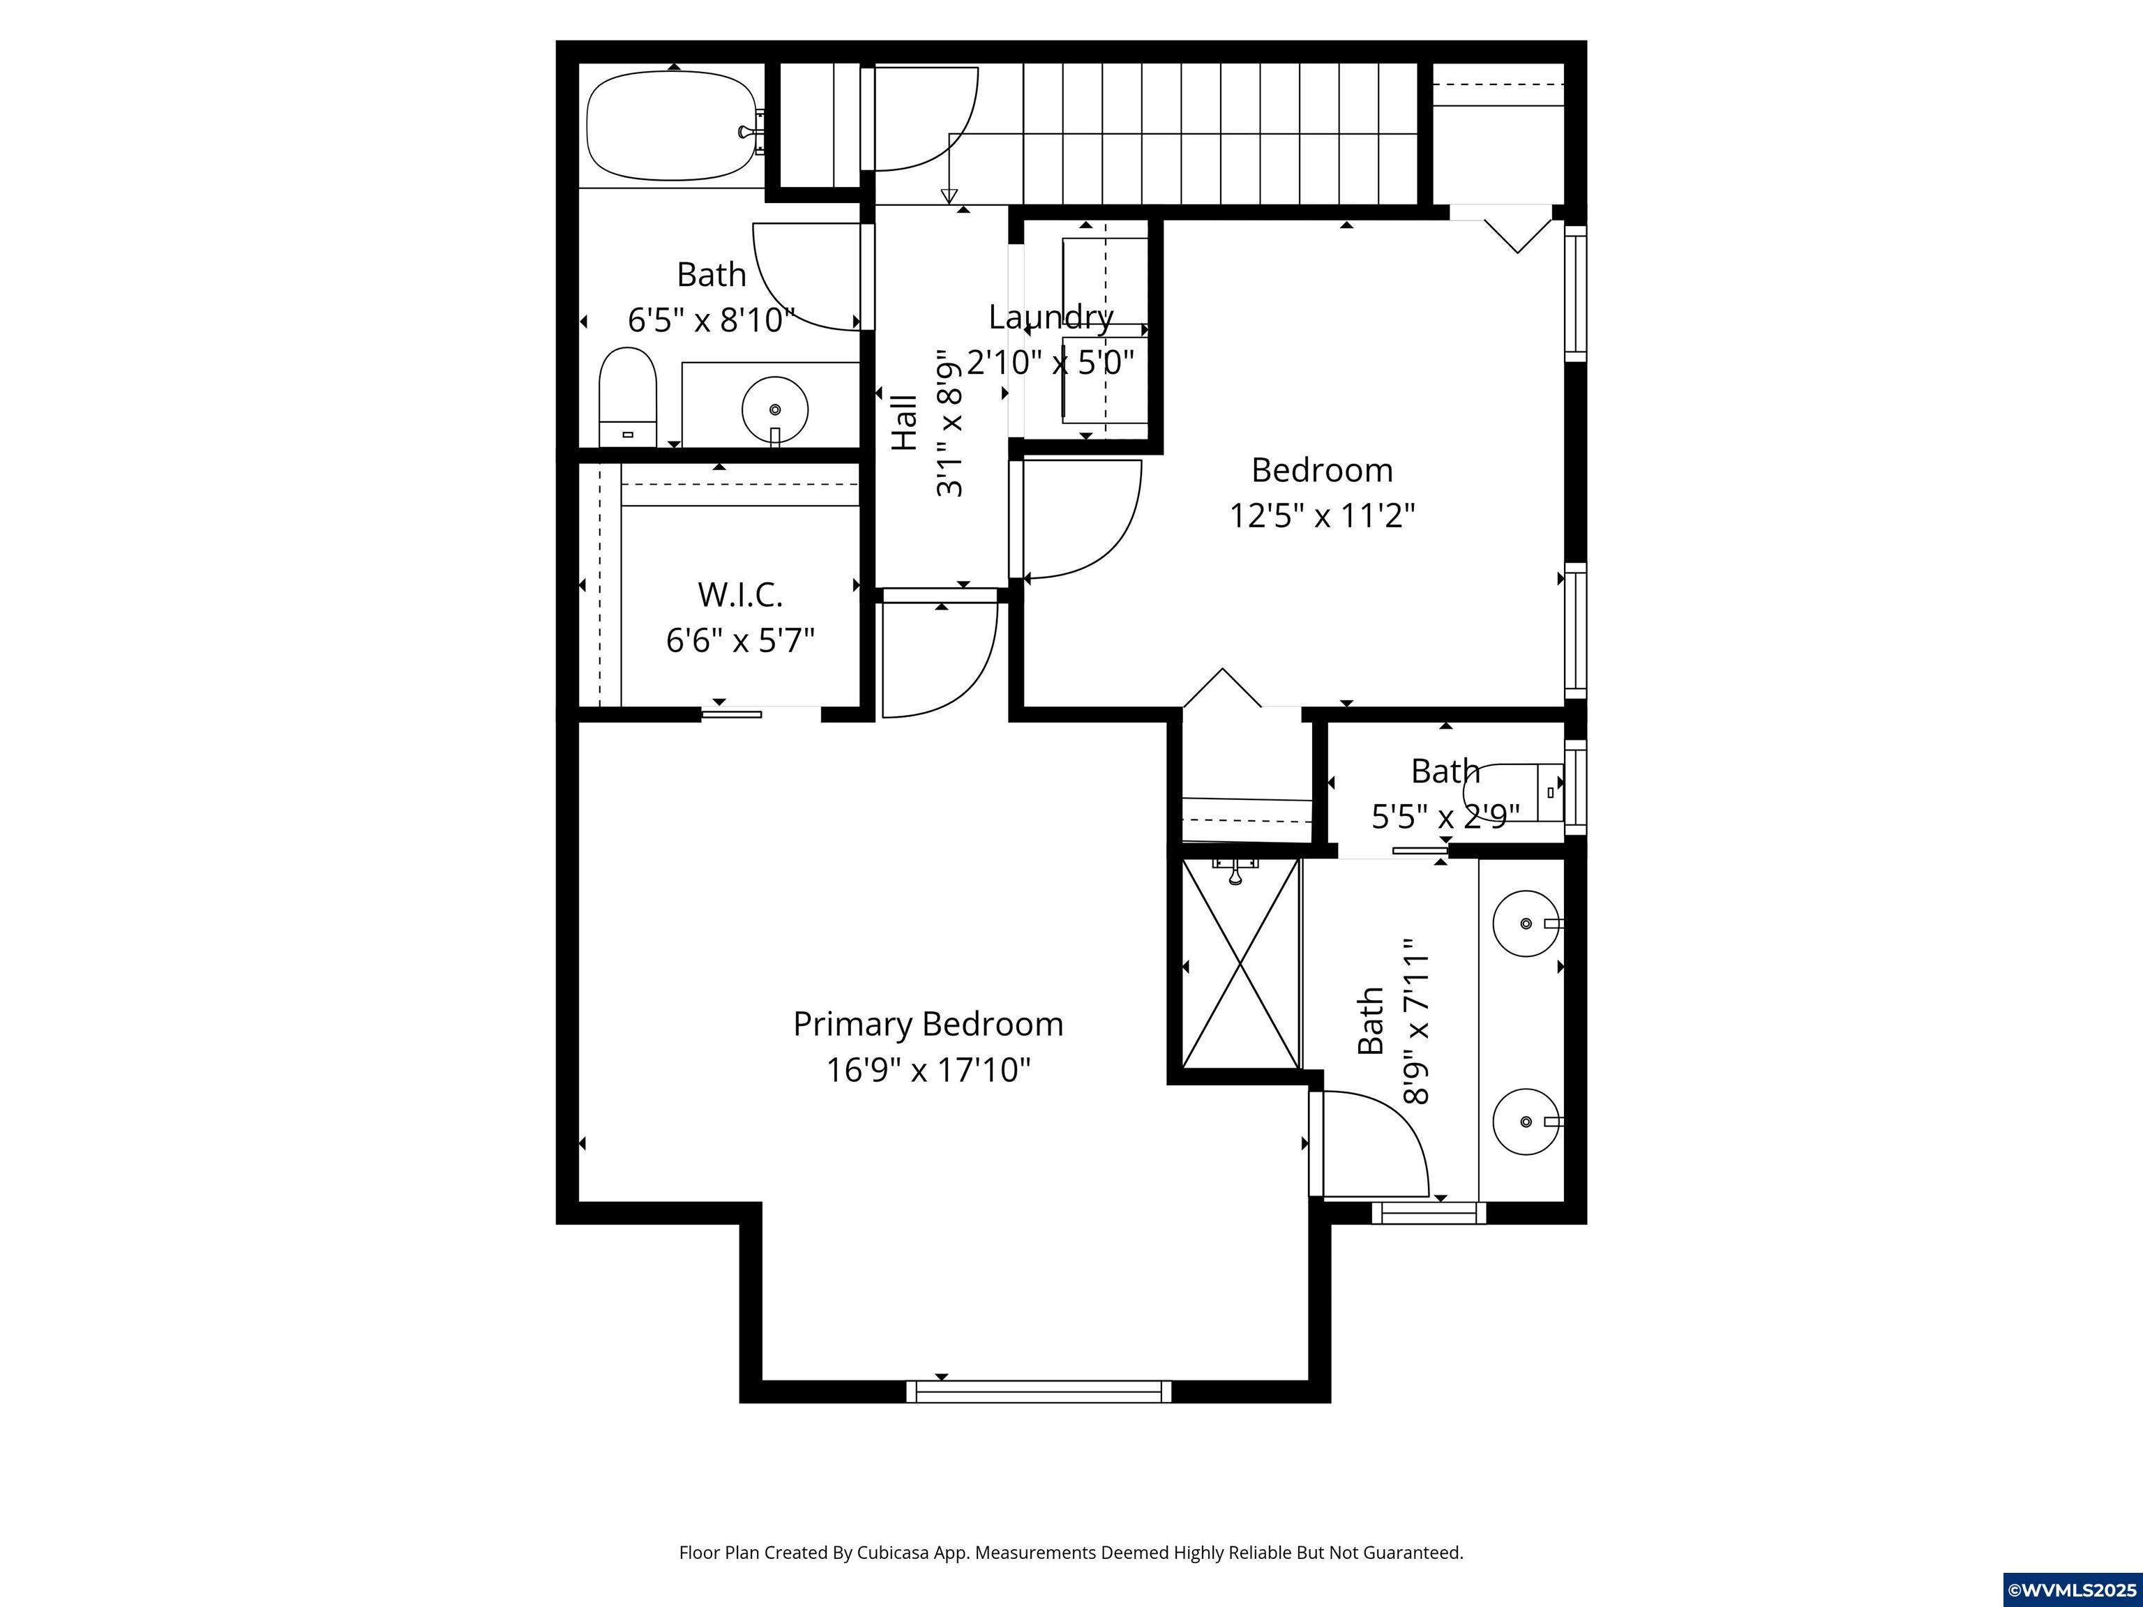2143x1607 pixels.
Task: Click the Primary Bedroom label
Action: [x=927, y=1024]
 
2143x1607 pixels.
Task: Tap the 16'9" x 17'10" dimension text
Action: [x=927, y=1071]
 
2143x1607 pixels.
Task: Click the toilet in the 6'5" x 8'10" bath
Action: [x=627, y=397]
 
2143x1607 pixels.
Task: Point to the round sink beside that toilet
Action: [x=774, y=409]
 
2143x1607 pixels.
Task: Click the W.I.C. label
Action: [x=740, y=594]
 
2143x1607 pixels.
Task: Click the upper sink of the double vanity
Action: [x=1525, y=923]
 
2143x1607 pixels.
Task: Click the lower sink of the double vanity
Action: [x=1525, y=1121]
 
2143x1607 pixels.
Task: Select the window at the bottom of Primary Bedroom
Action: [x=1039, y=1391]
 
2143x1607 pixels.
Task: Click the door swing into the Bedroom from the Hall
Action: [x=1085, y=523]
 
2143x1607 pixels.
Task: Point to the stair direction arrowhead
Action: [x=949, y=197]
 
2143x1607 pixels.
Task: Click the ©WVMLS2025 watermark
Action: [x=2071, y=1590]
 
